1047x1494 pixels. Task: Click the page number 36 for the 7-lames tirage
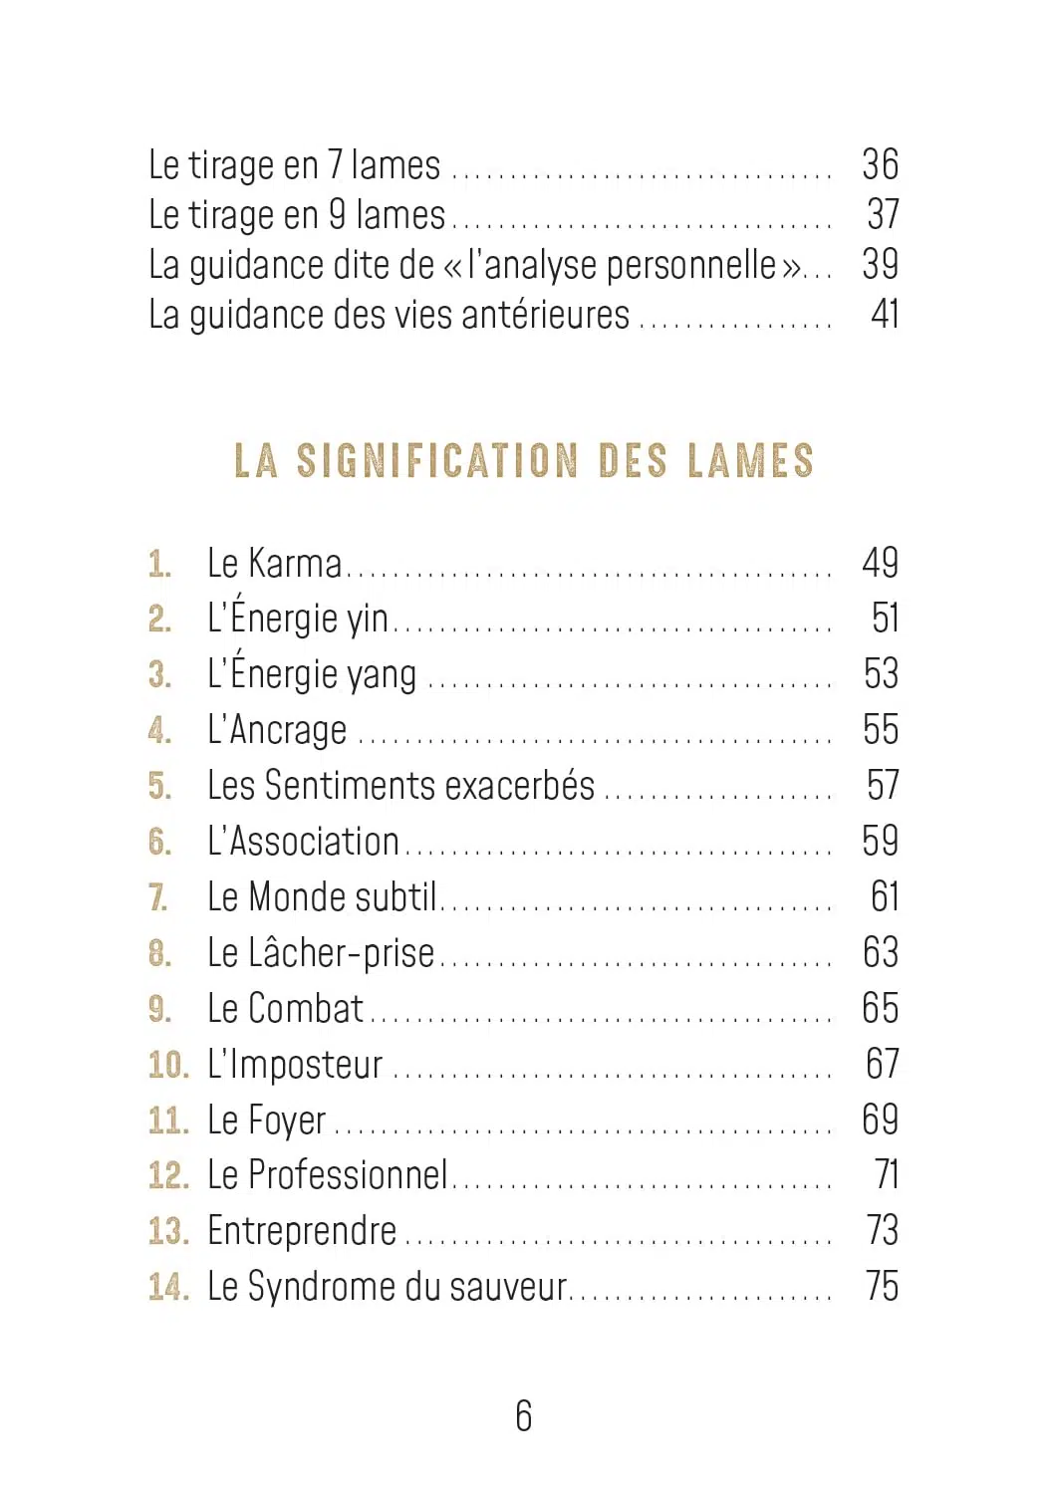coord(880,165)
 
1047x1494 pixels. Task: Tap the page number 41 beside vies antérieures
coord(884,315)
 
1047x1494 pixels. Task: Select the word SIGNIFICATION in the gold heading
coord(437,461)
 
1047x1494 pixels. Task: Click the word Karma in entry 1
coord(295,564)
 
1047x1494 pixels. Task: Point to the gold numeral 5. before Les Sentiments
coord(159,786)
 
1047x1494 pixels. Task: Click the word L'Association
coord(303,842)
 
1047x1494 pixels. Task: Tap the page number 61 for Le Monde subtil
coord(884,897)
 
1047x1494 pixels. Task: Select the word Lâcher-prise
coord(341,953)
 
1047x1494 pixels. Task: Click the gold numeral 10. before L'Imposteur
coord(168,1065)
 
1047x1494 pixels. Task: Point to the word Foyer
coord(286,1121)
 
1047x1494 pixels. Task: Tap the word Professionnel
coord(348,1175)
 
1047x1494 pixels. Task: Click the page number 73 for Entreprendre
coord(882,1231)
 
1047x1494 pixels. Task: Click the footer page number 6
coord(524,1415)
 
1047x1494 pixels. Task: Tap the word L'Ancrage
coord(277,730)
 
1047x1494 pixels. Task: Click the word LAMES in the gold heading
coord(750,461)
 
